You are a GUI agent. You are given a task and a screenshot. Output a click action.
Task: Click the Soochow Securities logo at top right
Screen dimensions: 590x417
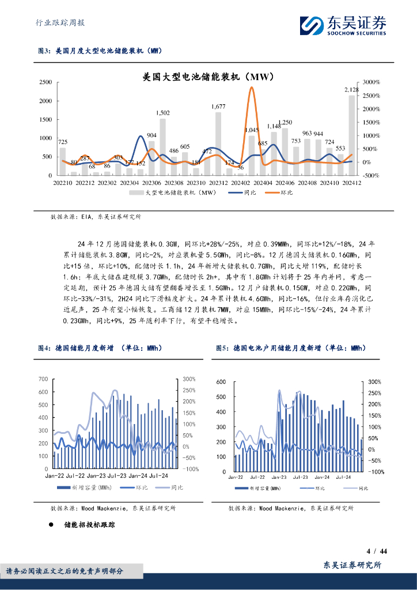click(x=343, y=25)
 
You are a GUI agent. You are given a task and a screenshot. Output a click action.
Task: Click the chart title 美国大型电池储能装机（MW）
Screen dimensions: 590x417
click(x=208, y=76)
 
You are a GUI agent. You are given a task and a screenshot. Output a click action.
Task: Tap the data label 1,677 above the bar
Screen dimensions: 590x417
click(x=218, y=107)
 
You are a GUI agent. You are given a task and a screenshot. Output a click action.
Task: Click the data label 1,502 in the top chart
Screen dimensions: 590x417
click(x=163, y=113)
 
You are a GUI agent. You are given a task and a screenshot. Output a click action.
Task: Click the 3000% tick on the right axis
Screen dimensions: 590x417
click(x=369, y=83)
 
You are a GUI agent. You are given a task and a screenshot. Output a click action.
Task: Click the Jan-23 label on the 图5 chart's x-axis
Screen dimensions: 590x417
click(x=279, y=478)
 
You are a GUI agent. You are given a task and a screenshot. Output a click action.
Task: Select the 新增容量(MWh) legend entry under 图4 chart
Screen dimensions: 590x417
click(x=86, y=488)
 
